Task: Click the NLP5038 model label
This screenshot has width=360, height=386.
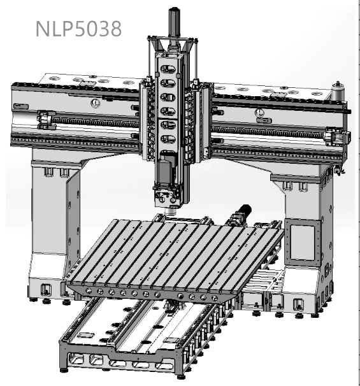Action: pos(78,29)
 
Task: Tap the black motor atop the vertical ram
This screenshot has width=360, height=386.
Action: pos(175,24)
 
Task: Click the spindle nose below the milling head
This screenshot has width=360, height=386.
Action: pos(171,211)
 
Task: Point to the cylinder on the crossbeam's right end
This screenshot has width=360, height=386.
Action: pos(338,91)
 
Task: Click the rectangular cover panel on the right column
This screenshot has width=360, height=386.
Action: pos(303,243)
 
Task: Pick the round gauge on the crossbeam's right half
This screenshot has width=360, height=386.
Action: pos(259,113)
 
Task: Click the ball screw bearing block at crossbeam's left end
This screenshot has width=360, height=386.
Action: pos(46,120)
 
